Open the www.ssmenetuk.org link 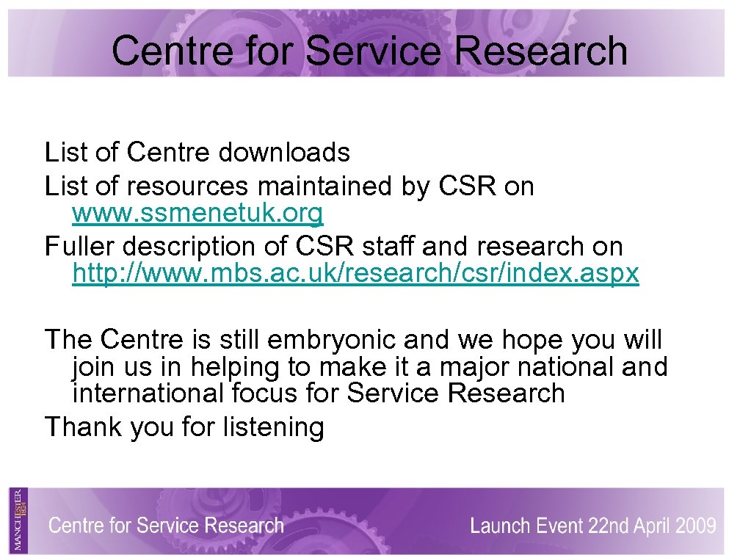pos(197,214)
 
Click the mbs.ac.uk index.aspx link pos(355,274)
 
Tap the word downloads pos(283,153)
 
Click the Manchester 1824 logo pos(18,520)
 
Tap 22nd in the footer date pos(606,526)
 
